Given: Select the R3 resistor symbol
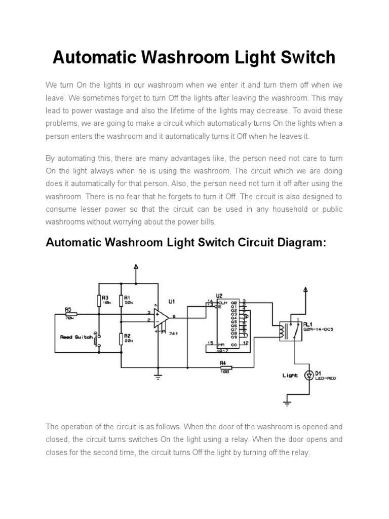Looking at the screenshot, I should (100, 301).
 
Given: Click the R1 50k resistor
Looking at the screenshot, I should (122, 301).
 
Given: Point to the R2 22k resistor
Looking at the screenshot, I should (122, 339).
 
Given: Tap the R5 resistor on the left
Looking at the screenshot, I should (70, 314).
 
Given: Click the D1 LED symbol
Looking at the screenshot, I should (309, 376).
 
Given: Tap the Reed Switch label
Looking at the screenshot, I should (76, 337).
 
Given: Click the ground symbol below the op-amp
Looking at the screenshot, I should (158, 376).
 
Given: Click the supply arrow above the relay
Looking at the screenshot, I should (305, 290).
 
